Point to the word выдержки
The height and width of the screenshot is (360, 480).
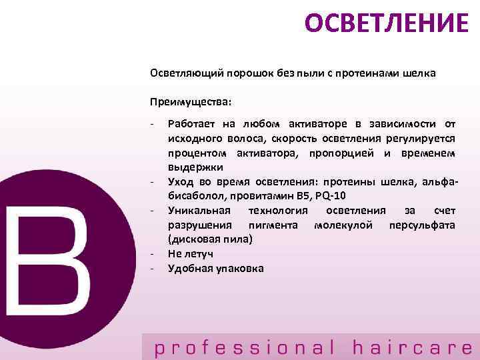(x=195, y=167)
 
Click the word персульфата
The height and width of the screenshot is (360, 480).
(x=422, y=225)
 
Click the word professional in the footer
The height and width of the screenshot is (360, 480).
(x=244, y=347)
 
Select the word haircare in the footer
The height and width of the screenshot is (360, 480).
(x=412, y=347)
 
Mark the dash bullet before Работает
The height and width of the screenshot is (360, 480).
(x=153, y=123)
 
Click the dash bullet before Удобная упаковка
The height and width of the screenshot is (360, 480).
(x=153, y=268)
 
